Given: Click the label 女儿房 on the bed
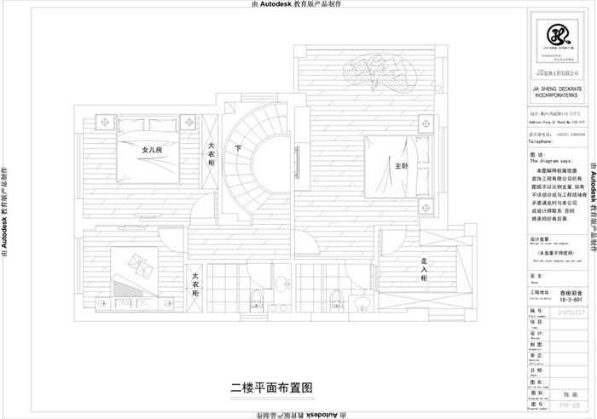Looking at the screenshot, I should [152, 149].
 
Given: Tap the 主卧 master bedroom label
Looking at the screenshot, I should [403, 165].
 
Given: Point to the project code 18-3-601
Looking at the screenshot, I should [572, 301].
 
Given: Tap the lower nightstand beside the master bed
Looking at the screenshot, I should [425, 205].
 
